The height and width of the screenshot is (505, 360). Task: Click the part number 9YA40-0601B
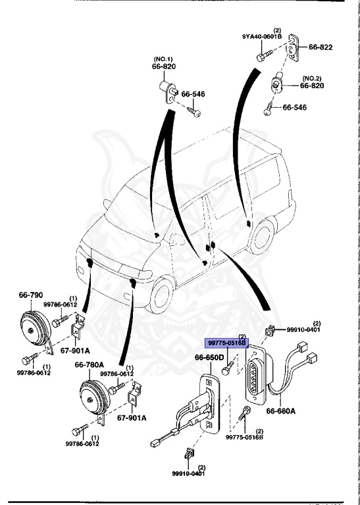coord(262,36)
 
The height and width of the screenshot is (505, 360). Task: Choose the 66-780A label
coord(90,364)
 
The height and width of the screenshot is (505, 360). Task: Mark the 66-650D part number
coord(209,358)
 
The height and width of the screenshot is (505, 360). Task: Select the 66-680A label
coord(281,411)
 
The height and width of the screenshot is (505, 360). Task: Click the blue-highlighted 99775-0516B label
coord(226,343)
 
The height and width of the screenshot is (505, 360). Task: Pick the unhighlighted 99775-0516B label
coord(244,437)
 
